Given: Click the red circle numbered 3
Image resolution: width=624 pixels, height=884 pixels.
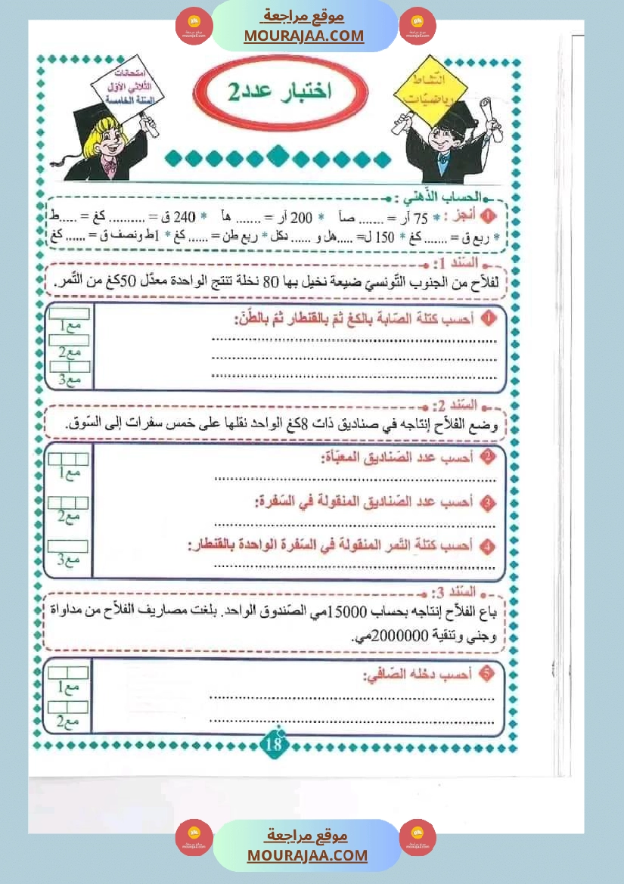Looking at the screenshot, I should (488, 502).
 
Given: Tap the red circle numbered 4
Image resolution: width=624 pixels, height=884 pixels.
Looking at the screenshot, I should (488, 545).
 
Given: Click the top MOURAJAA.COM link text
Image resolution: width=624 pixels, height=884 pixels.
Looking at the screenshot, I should (303, 36).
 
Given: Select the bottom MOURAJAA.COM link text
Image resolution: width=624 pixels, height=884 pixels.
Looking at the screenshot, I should (307, 855).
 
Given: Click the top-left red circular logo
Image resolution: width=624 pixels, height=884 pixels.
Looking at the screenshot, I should (194, 27).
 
